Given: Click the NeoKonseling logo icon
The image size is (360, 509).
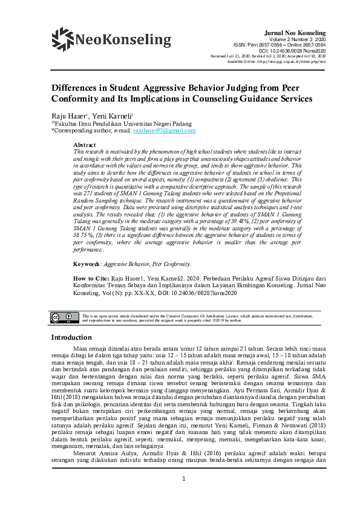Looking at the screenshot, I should click(62, 39).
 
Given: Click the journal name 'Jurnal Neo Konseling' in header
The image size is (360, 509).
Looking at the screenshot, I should click(295, 32).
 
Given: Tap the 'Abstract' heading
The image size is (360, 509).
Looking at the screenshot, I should click(84, 145).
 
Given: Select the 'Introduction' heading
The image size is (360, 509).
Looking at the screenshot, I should click(71, 337).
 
